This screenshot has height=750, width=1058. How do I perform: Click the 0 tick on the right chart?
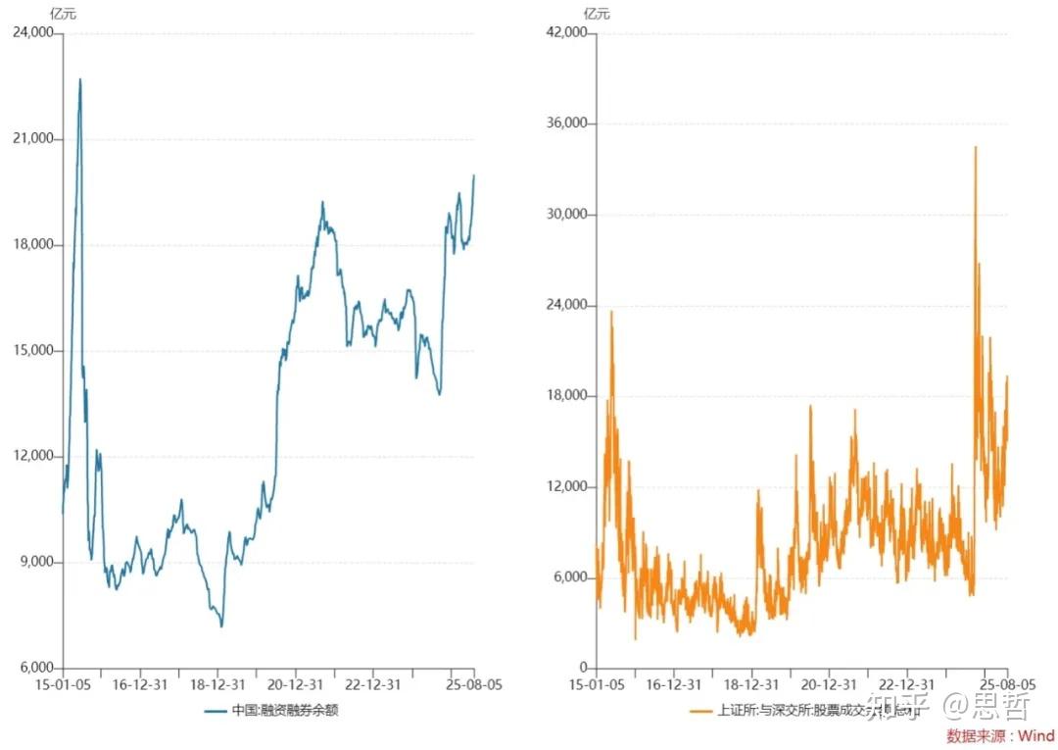point(581,669)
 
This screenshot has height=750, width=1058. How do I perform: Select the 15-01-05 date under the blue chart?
point(63,684)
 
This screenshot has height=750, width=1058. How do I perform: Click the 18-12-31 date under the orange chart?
point(751,684)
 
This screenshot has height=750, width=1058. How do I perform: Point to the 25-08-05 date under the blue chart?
point(474,684)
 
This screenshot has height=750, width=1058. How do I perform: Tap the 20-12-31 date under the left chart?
point(296,684)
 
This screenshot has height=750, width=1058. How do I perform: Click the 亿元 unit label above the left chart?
point(63,13)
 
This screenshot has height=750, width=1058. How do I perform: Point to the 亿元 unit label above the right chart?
point(597,13)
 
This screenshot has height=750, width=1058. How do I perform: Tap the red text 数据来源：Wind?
point(1000,735)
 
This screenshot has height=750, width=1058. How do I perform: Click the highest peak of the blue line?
point(80,79)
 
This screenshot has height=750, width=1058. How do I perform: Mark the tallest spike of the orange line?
point(975,147)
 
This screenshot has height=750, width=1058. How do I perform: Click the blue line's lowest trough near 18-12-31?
point(221,625)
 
